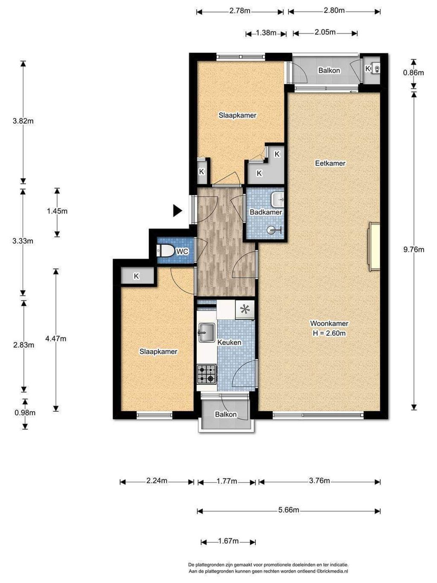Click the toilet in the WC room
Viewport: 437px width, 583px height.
coord(165,251)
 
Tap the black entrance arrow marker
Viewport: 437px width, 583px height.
coord(178,211)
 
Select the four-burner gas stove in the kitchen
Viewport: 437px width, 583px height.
coord(207,374)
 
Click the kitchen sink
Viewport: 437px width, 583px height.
coord(207,333)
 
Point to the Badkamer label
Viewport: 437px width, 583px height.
coord(266,212)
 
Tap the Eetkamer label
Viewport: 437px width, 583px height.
coord(330,163)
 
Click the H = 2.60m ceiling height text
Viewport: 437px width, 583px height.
coord(329,333)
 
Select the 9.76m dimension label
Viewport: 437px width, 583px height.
coord(414,249)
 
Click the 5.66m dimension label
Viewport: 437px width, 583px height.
coord(288,510)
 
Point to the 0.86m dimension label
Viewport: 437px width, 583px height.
coord(414,72)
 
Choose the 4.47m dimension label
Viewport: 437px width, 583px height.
coord(56,339)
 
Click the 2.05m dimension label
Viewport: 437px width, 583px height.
coord(325,32)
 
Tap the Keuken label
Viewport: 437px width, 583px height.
coord(229,343)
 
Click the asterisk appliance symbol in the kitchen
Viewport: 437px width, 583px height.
coord(245,310)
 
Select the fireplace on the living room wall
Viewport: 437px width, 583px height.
coord(374,247)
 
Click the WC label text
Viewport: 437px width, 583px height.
coord(182,251)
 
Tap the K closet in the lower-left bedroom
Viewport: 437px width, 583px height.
coord(137,276)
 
